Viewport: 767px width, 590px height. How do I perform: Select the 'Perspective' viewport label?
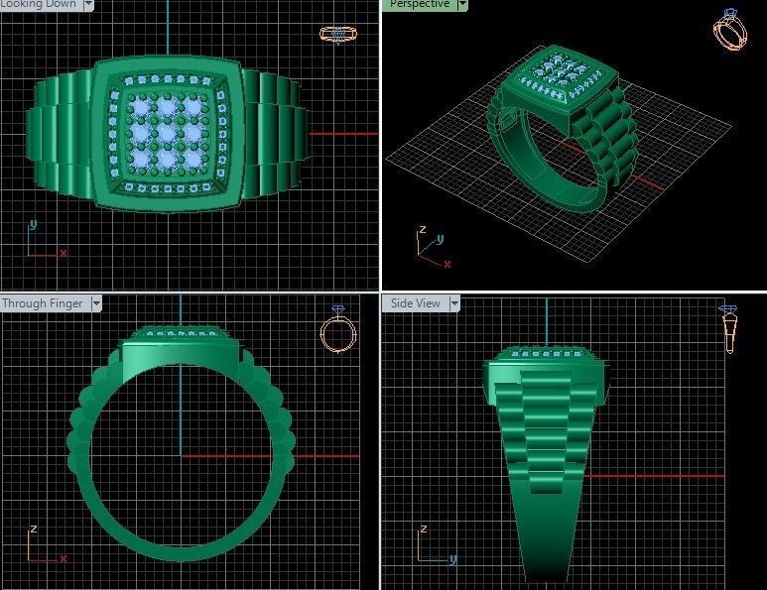click(419, 5)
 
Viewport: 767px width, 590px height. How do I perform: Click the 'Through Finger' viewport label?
click(44, 303)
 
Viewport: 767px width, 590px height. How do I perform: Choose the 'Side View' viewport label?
click(415, 303)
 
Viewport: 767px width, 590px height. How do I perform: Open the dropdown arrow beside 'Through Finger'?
click(96, 303)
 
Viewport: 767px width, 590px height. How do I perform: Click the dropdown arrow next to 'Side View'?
click(454, 303)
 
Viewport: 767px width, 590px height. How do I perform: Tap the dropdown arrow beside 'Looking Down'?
click(88, 5)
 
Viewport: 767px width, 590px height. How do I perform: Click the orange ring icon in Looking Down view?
click(337, 35)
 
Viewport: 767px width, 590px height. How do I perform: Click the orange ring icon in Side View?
click(729, 330)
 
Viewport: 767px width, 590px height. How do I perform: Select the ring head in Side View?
click(547, 372)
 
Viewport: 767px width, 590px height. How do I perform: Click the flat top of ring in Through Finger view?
click(180, 343)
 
